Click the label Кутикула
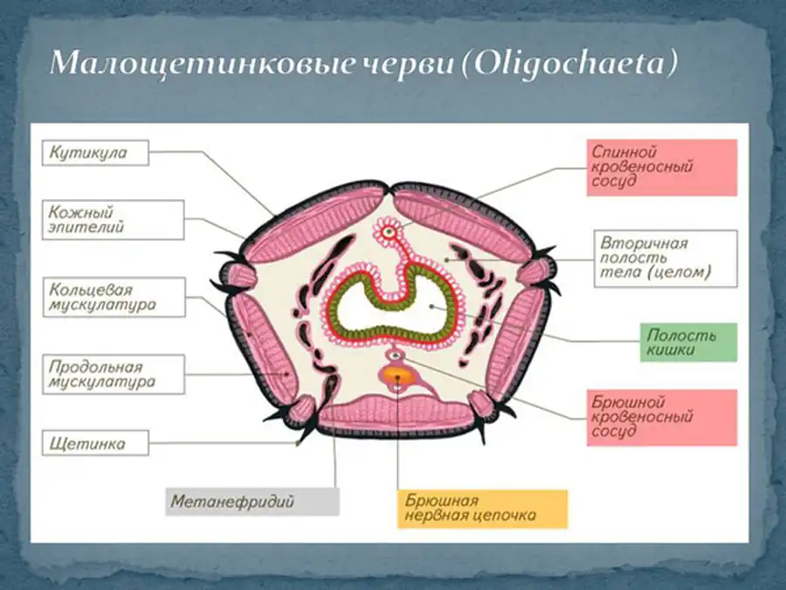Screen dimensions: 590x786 point(94,154)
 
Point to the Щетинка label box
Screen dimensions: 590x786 point(94,444)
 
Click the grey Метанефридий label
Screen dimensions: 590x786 point(252,502)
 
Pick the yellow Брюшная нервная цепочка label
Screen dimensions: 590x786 point(482,509)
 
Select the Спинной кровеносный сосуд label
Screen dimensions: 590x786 point(661,167)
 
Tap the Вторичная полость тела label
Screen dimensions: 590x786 point(665,259)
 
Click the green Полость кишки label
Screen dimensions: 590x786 point(687,343)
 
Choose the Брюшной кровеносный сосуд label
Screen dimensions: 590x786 point(661,418)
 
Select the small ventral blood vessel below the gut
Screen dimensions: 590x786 point(396,355)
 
